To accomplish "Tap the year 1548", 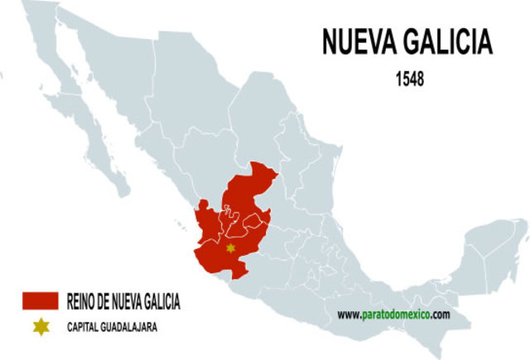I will [412, 79].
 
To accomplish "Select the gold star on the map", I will [230, 247].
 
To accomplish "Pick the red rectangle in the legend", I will [40, 300].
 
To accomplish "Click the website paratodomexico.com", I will [393, 314].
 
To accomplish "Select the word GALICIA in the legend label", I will [166, 300].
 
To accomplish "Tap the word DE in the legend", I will [106, 300].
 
